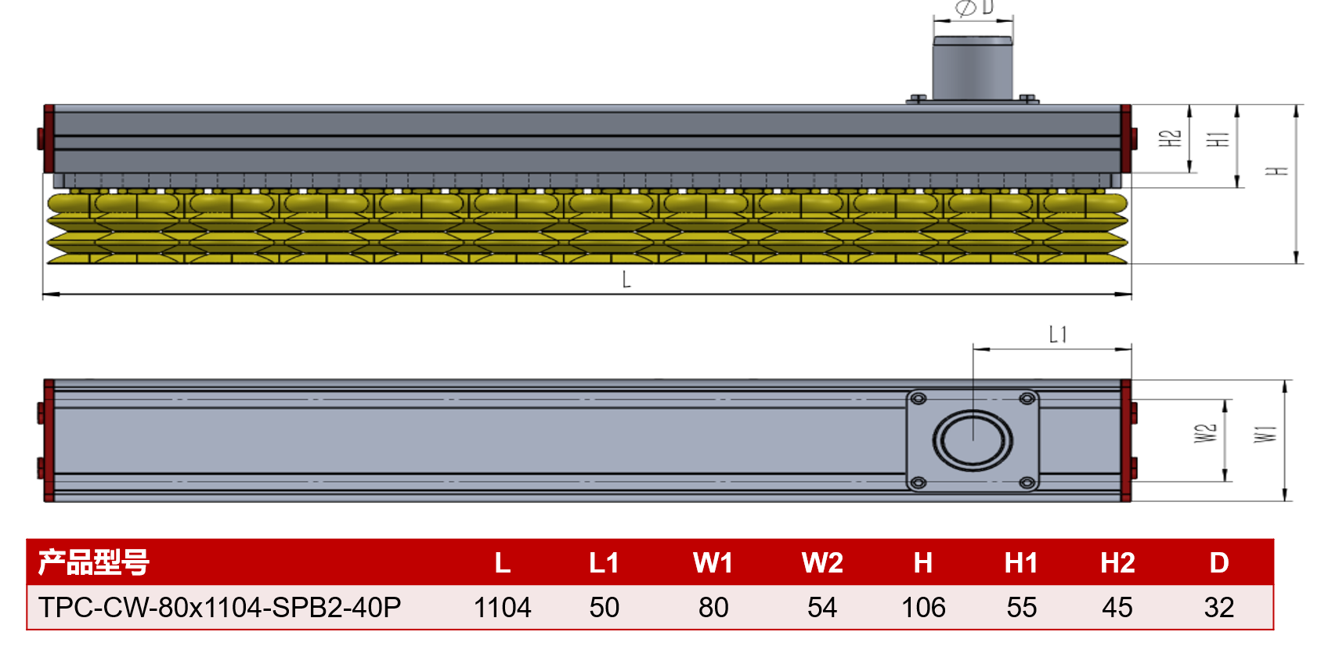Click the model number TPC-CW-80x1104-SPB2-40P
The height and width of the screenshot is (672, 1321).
219,607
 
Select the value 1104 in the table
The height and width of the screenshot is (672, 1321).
503,607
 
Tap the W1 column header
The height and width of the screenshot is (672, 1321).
713,562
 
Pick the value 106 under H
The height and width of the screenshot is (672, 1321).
923,607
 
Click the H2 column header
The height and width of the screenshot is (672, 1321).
1117,562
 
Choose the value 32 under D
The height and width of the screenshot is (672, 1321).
1219,607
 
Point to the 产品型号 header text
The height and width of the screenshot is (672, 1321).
94,562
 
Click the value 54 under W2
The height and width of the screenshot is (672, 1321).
822,607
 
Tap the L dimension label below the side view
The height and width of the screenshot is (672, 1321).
626,279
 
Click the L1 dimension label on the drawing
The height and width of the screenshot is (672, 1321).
1058,335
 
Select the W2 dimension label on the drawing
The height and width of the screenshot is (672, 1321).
1205,433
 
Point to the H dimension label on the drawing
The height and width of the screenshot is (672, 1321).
1277,171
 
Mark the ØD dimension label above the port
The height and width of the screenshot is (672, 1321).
974,8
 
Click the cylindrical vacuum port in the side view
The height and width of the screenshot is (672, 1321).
973,68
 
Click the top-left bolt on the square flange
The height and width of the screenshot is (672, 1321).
919,399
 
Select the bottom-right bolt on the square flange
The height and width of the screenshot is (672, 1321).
1027,483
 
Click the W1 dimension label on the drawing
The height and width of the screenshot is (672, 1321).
1265,434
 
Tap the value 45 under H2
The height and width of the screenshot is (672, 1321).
1117,607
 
